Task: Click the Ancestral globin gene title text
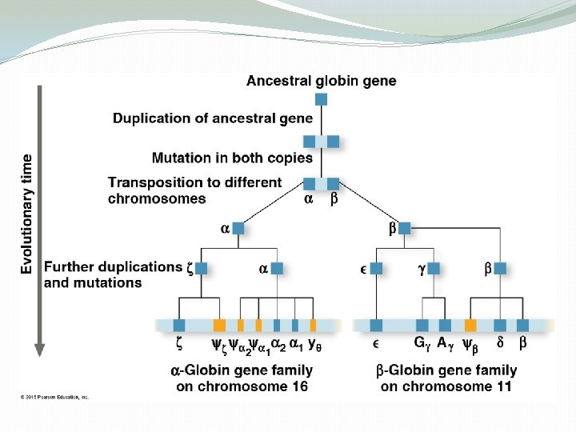(x=321, y=80)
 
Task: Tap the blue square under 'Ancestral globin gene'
(x=321, y=99)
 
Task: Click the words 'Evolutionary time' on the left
(x=27, y=214)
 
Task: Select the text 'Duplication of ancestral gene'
(x=213, y=118)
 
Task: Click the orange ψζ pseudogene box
(x=219, y=325)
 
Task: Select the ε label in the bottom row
(x=376, y=345)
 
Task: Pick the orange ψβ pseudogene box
(x=470, y=325)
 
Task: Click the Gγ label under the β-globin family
(x=421, y=345)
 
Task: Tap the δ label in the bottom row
(x=500, y=345)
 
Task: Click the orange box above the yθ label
(x=313, y=325)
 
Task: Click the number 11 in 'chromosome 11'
(x=502, y=386)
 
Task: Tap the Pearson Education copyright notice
(x=54, y=397)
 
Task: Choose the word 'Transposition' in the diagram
(x=149, y=182)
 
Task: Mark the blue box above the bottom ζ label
(x=179, y=325)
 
